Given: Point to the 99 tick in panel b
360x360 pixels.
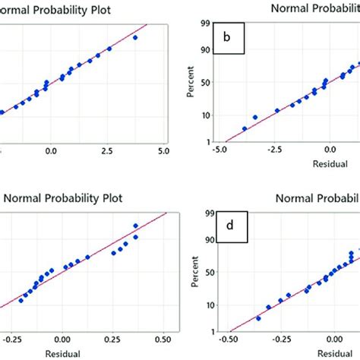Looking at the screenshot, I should click(204, 24).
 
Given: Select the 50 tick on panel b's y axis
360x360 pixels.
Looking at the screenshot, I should click(204, 81).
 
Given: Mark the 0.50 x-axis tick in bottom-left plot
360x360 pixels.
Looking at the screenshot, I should click(163, 340).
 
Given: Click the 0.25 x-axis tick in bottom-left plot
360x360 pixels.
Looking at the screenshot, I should click(113, 340).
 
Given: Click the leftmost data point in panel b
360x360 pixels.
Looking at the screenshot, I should click(245, 129).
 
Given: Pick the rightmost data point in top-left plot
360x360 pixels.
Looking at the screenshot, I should click(135, 37).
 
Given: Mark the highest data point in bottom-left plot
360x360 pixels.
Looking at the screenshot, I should click(136, 226).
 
